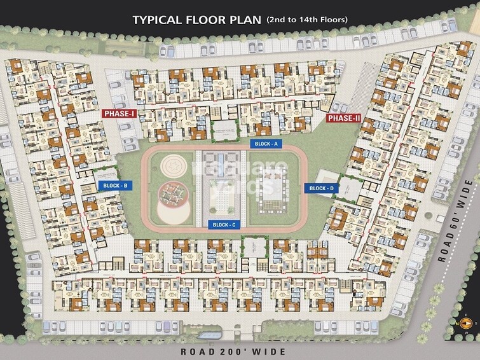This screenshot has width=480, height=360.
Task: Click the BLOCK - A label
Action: (x=266, y=144)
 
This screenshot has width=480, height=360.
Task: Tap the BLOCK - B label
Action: (x=116, y=186)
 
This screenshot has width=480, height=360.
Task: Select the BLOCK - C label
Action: (x=224, y=225)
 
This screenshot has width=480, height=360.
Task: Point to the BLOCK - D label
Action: (x=322, y=188)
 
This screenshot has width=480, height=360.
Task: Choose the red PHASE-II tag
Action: (x=344, y=118)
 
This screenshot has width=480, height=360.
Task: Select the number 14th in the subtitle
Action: (x=306, y=20)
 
